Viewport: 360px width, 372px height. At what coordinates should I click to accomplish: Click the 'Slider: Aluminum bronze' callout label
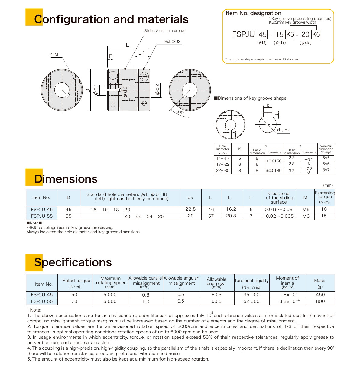pos(165,31)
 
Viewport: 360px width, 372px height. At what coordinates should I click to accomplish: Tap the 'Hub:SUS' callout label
pos(172,42)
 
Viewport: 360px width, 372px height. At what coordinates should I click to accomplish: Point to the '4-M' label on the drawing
pos(54,55)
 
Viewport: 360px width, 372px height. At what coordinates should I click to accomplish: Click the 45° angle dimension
pos(180,113)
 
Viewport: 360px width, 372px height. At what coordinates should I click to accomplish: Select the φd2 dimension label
pos(157,89)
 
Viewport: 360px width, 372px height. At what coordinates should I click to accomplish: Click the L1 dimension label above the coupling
pos(141,53)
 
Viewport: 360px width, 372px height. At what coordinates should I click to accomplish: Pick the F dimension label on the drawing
pos(111,56)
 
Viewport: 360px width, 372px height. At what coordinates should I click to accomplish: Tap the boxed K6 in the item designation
pos(316,34)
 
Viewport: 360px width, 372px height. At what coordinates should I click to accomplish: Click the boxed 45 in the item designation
pos(262,34)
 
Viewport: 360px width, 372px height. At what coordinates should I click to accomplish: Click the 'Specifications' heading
pos(73,262)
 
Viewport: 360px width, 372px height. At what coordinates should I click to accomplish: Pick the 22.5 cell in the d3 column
pos(190,209)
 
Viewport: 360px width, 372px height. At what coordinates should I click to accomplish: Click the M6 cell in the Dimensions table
pos(306,216)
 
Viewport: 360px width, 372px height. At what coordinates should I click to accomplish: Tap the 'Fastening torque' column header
pos(325,197)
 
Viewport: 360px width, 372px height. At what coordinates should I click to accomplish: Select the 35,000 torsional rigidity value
pos(251,295)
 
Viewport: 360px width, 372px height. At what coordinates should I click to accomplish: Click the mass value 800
pos(320,301)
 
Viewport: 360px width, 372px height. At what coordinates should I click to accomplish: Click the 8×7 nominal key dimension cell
pos(326,170)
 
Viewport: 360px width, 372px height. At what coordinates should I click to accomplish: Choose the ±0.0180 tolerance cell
pos(274,171)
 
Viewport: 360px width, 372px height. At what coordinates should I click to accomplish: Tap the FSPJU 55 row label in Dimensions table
pos(42,216)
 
